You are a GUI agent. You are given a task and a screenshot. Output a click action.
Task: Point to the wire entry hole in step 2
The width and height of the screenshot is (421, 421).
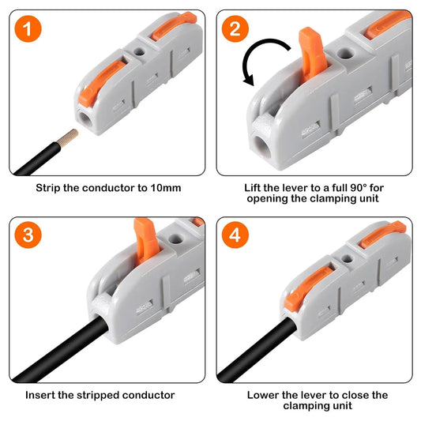pyautogui.click(x=261, y=145)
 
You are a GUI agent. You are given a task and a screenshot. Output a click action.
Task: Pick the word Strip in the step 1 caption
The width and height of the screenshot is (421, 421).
pyautogui.click(x=48, y=189)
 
